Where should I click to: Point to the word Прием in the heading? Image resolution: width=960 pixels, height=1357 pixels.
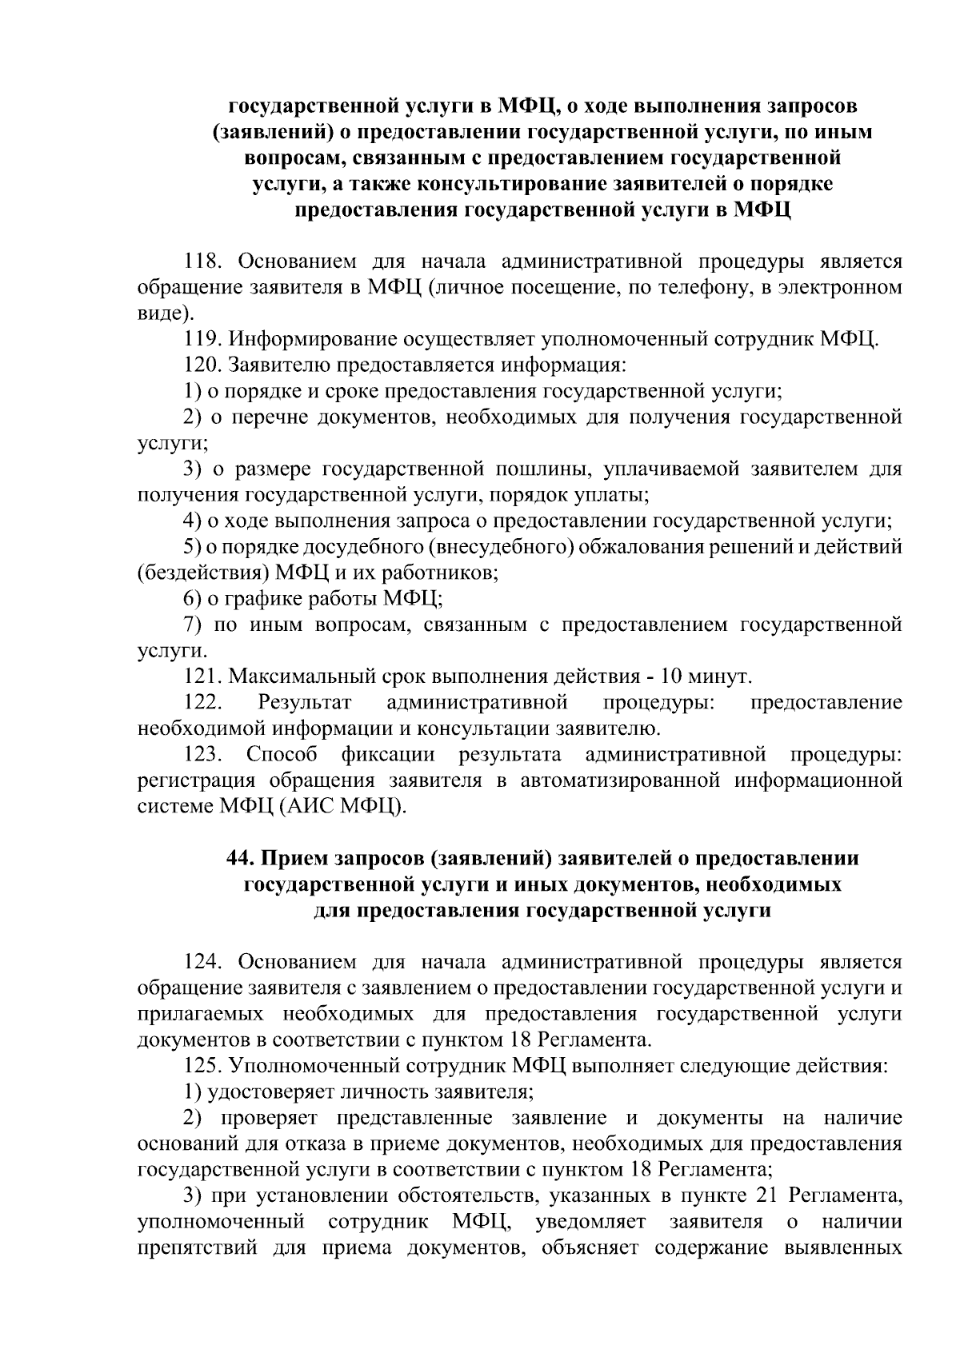[295, 858]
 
